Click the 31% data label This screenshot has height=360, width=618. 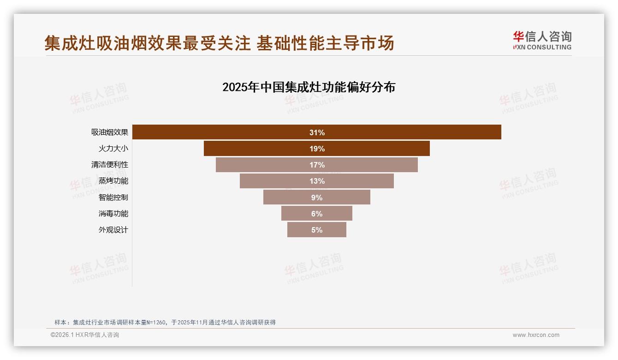pos(317,132)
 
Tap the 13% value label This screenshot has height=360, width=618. pos(317,181)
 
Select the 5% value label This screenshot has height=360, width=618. pos(317,230)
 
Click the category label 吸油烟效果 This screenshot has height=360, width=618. pos(110,132)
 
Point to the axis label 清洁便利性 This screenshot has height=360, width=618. pos(110,165)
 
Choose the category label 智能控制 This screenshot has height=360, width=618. pos(113,197)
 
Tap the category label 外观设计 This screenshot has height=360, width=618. pos(113,229)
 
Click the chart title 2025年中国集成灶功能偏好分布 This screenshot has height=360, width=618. pos(309,87)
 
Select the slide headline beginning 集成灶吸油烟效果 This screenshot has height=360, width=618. pos(220,43)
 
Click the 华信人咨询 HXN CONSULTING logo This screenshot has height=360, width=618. pos(542,41)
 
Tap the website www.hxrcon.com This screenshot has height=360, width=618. pos(536,335)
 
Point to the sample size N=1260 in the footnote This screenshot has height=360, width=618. pos(156,322)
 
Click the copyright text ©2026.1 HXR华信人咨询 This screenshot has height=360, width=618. pos(85,335)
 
